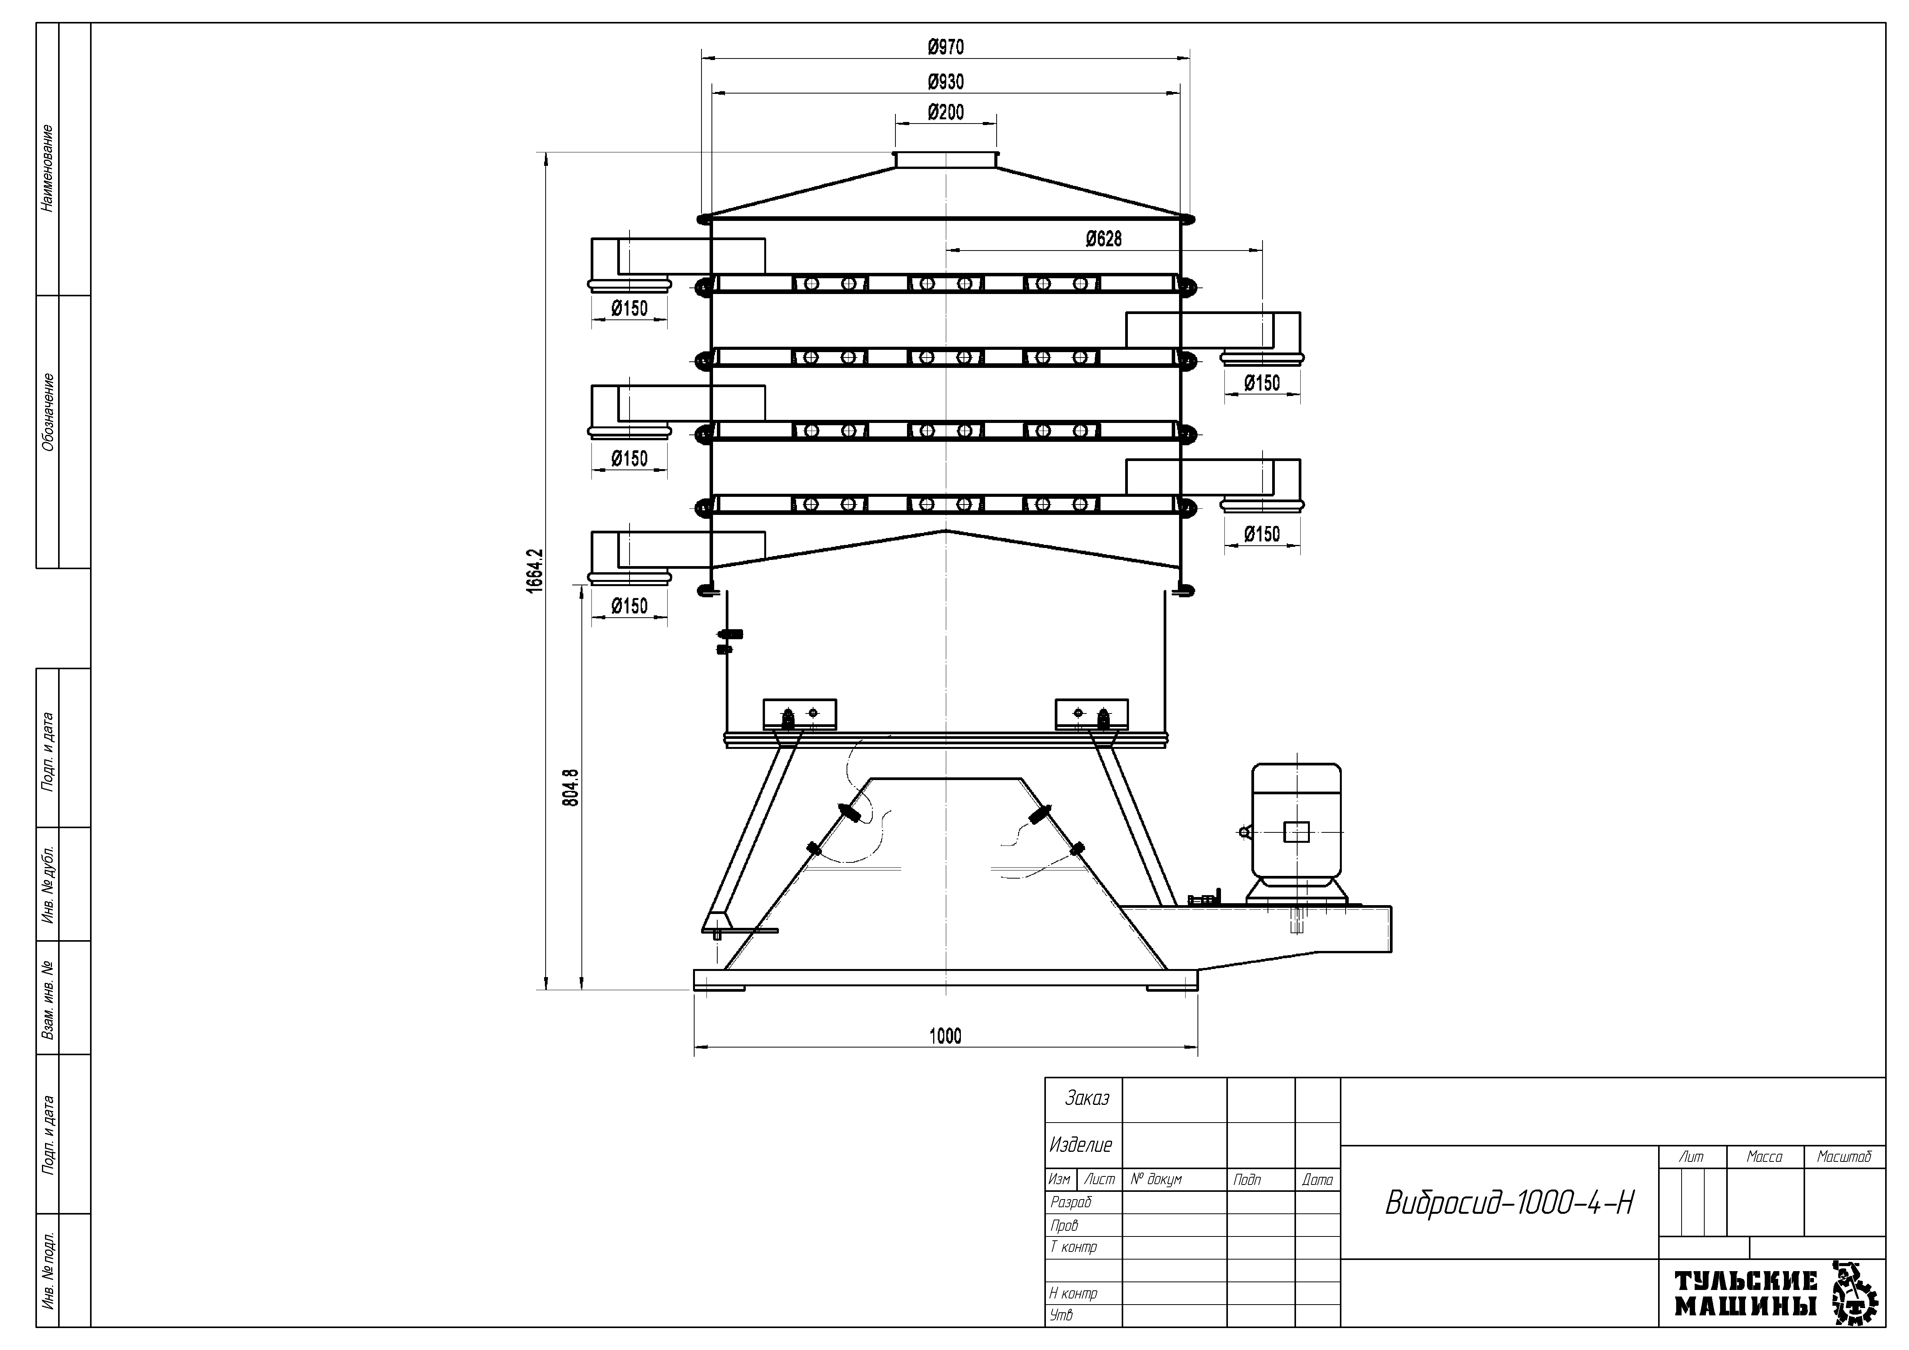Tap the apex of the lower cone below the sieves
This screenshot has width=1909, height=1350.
point(945,530)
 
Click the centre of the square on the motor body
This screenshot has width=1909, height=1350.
point(1296,831)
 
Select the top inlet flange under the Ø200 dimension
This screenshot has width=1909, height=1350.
point(945,160)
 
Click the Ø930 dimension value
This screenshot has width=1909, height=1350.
point(946,82)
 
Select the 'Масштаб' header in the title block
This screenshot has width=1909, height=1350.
point(1844,1156)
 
